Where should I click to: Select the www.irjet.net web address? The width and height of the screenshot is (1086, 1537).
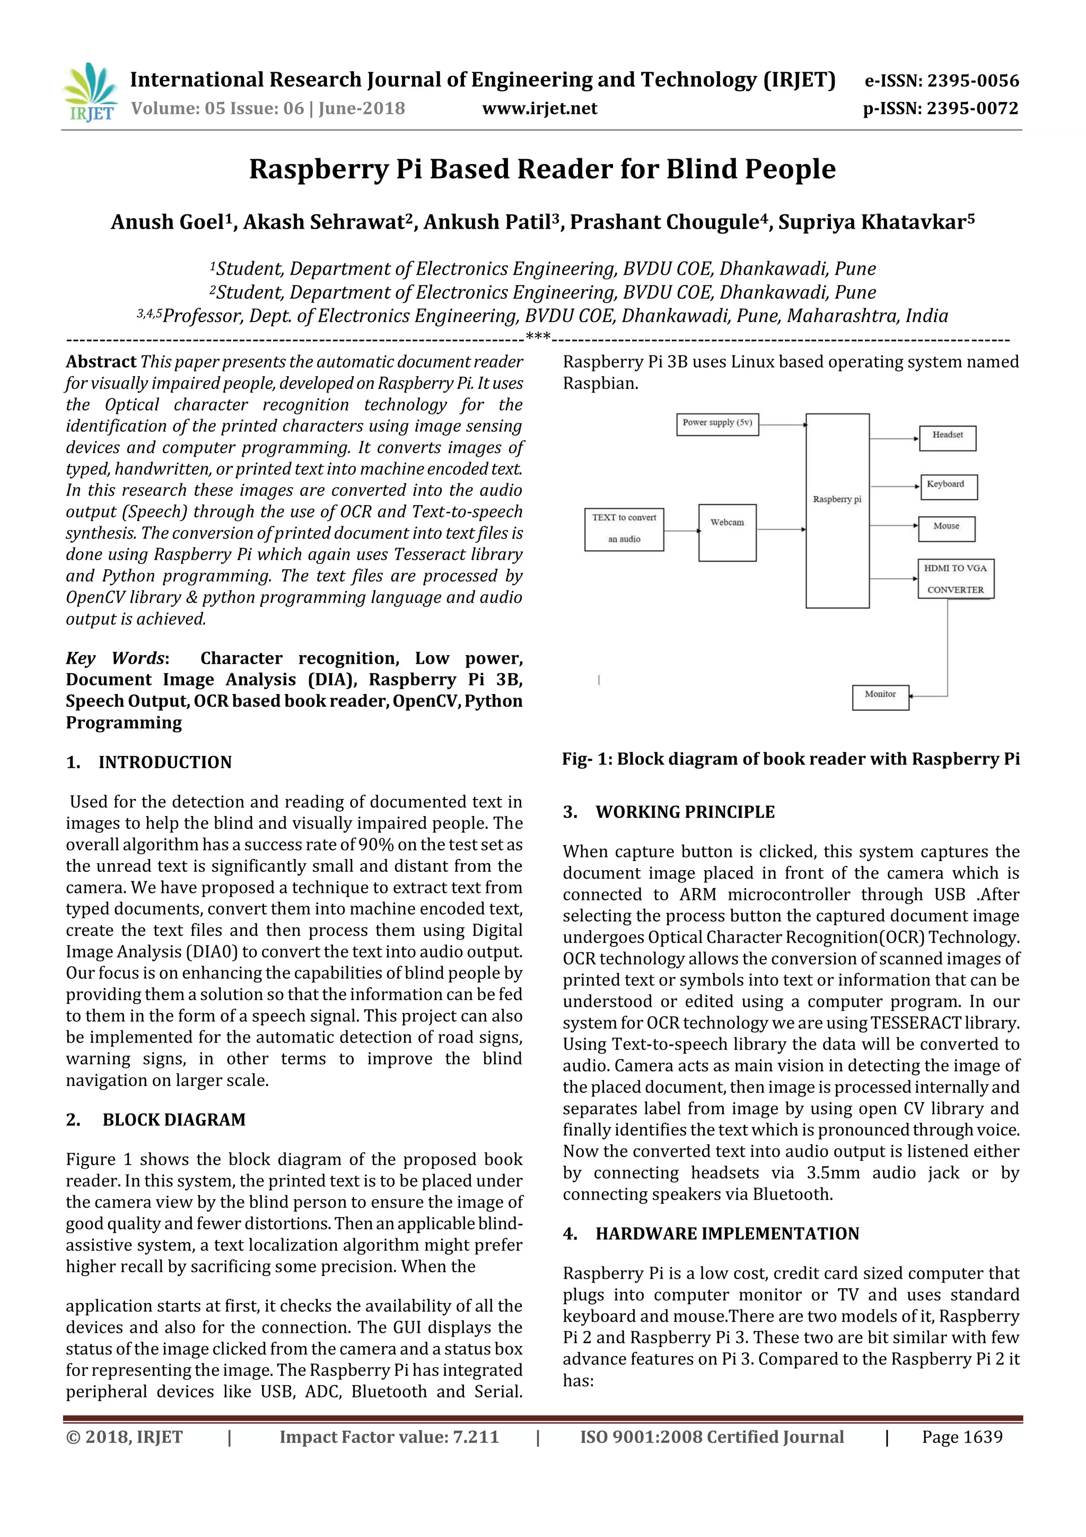[539, 108]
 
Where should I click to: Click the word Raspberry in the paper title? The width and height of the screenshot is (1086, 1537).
[318, 169]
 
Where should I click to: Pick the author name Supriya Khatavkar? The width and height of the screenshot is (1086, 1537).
[872, 222]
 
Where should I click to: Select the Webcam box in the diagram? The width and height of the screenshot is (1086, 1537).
[728, 532]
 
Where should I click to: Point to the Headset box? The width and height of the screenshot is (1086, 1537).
[947, 437]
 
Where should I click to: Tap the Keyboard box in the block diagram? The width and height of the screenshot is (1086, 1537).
[948, 486]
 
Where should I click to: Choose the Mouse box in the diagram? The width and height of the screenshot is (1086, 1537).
[945, 528]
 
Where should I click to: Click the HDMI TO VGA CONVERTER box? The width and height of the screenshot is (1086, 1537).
[955, 578]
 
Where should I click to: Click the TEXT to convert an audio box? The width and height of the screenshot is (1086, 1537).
[624, 529]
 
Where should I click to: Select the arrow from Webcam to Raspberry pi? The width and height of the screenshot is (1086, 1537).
[781, 529]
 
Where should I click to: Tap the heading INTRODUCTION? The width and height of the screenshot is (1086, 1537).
[164, 762]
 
